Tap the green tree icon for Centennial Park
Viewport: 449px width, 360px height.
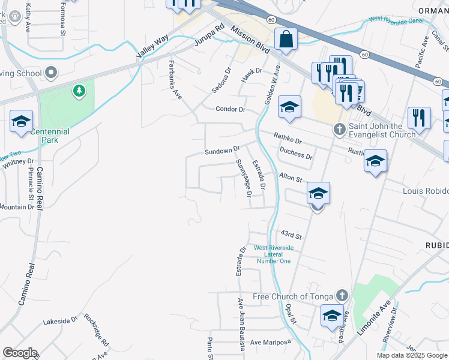tap(78, 91)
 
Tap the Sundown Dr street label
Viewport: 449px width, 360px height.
tap(222, 149)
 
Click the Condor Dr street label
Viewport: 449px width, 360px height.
tap(231, 109)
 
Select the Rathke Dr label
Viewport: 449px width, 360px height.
tap(288, 139)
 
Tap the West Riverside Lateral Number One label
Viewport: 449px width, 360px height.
tap(274, 254)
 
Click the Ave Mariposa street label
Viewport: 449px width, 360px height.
tap(270, 342)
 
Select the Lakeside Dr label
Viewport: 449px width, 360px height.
tap(61, 322)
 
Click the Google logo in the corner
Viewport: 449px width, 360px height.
tap(20, 353)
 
